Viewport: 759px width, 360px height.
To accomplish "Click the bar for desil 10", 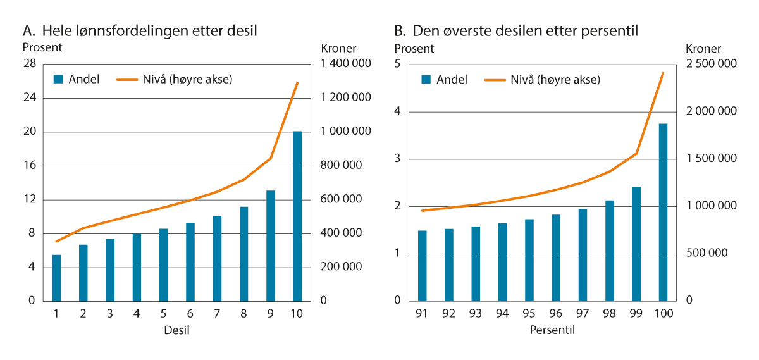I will point(297,216).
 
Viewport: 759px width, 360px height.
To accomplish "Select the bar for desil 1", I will point(56,278).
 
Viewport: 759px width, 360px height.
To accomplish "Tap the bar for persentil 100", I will point(663,212).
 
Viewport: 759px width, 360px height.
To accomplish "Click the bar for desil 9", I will point(271,245).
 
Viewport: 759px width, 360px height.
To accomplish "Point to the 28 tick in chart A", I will point(29,64).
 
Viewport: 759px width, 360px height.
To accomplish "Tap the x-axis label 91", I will point(423,314).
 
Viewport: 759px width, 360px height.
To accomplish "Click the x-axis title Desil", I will point(176,330).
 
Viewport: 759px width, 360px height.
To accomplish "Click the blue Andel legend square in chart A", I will point(58,79).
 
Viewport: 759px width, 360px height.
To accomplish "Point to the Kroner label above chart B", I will point(703,48).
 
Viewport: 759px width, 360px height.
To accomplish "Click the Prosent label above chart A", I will point(42,47).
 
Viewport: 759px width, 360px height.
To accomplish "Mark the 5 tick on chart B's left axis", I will point(398,64).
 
